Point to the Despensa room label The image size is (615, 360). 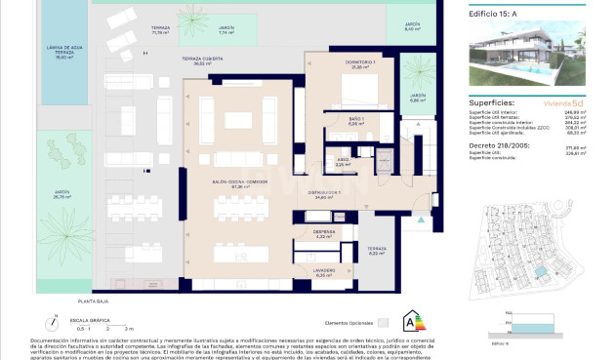(325, 233)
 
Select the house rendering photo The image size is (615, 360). (525, 56)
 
